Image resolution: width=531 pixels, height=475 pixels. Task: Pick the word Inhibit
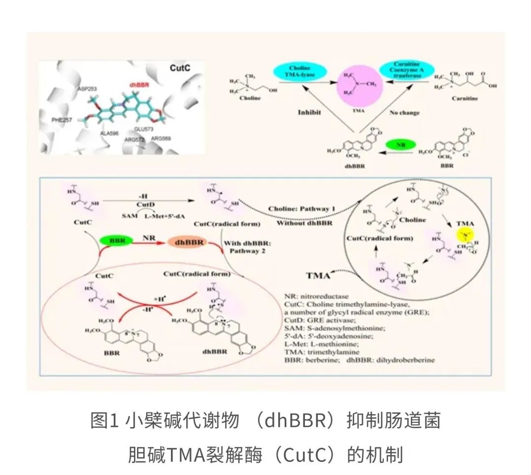point(310,112)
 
